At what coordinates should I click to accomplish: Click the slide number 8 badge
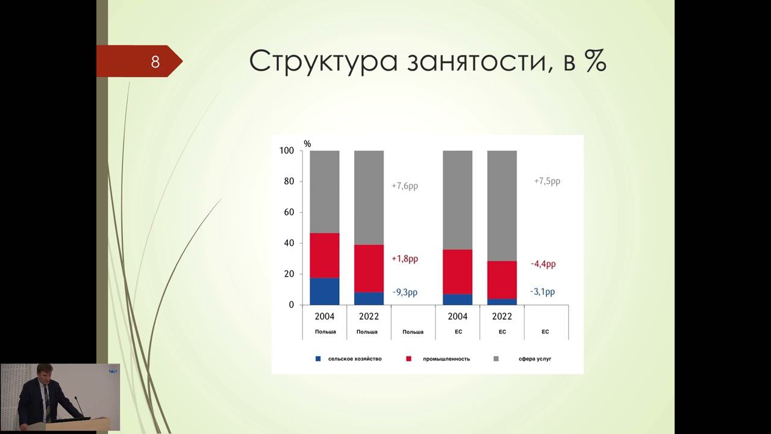(x=155, y=61)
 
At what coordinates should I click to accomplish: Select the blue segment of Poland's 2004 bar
(x=325, y=291)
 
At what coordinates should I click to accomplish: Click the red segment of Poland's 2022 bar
(x=369, y=268)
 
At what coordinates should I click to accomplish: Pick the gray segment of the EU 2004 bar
(x=457, y=200)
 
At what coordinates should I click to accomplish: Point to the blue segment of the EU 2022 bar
(x=502, y=301)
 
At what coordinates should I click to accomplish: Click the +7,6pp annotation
(x=405, y=186)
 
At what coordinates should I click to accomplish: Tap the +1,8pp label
(x=405, y=259)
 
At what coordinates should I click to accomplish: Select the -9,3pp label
(x=405, y=292)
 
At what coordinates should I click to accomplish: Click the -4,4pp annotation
(x=543, y=264)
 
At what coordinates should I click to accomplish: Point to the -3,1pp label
(x=542, y=292)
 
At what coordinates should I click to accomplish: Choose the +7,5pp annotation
(x=547, y=181)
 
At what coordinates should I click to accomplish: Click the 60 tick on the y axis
(x=288, y=212)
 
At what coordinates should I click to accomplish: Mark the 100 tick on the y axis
(x=287, y=151)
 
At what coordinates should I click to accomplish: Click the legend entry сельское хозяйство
(x=354, y=359)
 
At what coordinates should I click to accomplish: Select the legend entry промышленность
(x=445, y=359)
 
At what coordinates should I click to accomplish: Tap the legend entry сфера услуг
(x=534, y=359)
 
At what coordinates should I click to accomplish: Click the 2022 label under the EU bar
(x=502, y=316)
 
